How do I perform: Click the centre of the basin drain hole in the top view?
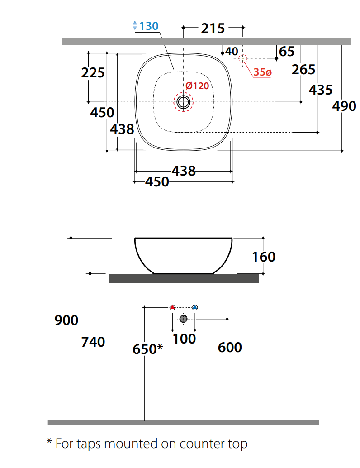pyautogui.click(x=184, y=102)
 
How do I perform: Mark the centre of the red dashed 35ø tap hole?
pyautogui.click(x=243, y=58)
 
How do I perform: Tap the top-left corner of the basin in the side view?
pyautogui.click(x=135, y=238)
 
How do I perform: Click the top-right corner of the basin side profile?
pyautogui.click(x=232, y=238)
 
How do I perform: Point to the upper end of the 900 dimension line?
pyautogui.click(x=71, y=238)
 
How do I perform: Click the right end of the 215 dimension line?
pyautogui.click(x=243, y=28)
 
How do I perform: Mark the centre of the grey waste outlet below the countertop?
pyautogui.click(x=184, y=319)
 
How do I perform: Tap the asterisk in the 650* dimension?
pyautogui.click(x=160, y=347)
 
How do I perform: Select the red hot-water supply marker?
pyautogui.click(x=172, y=307)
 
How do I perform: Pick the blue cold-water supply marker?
pyautogui.click(x=195, y=307)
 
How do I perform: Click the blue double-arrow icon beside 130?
pyautogui.click(x=135, y=25)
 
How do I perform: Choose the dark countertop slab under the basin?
pyautogui.click(x=184, y=278)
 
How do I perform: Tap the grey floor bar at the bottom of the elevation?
pyautogui.click(x=184, y=422)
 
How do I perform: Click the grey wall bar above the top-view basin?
pyautogui.click(x=206, y=42)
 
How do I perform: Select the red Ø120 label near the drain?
pyautogui.click(x=197, y=86)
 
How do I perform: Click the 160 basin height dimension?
pyautogui.click(x=264, y=257)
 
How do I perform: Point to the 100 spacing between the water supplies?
pyautogui.click(x=185, y=339)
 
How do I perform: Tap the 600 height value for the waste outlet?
pyautogui.click(x=230, y=348)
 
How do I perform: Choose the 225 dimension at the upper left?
pyautogui.click(x=93, y=72)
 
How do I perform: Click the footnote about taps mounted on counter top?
pyautogui.click(x=147, y=444)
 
